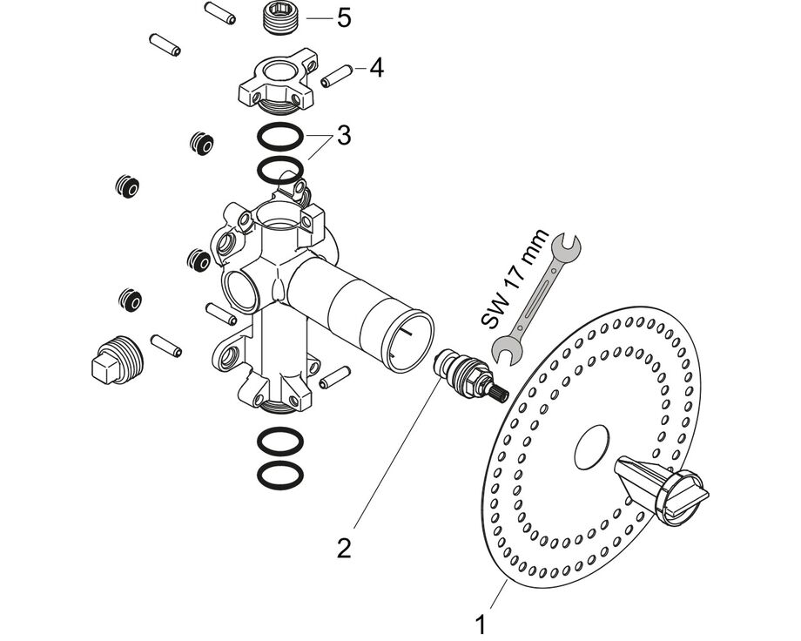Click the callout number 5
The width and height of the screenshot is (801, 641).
[x=344, y=17]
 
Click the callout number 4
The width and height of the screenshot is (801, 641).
[x=375, y=67]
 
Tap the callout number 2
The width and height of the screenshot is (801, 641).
[x=344, y=549]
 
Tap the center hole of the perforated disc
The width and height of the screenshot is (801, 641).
[x=595, y=445]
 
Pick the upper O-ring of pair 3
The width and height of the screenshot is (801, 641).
[x=280, y=138]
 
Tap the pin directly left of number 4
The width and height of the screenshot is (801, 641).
[x=335, y=76]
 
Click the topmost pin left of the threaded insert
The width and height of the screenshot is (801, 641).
[x=217, y=12]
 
